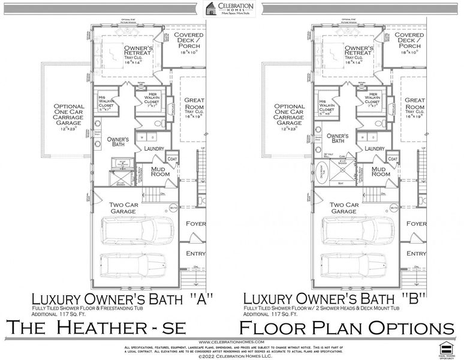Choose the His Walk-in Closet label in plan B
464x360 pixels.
click(x=326, y=106)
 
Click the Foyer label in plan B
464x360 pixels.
click(x=416, y=223)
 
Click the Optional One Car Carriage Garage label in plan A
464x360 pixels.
click(x=68, y=120)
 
